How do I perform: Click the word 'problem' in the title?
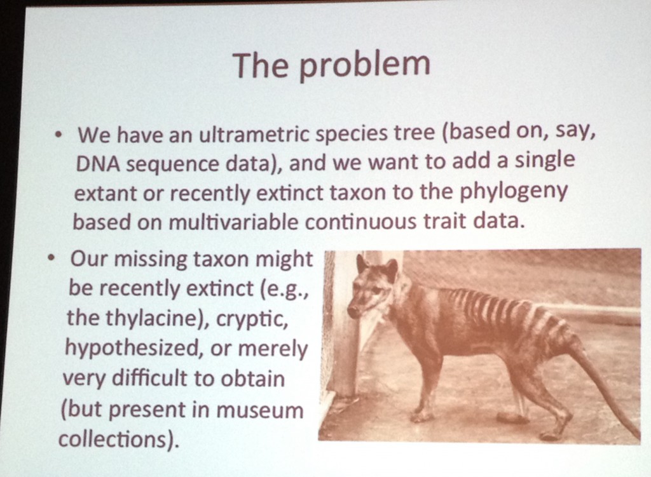point(364,66)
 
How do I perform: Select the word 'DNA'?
point(97,164)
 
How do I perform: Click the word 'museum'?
point(260,409)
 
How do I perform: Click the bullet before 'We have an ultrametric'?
point(60,136)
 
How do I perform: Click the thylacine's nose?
point(351,311)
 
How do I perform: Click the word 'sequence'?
point(172,165)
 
